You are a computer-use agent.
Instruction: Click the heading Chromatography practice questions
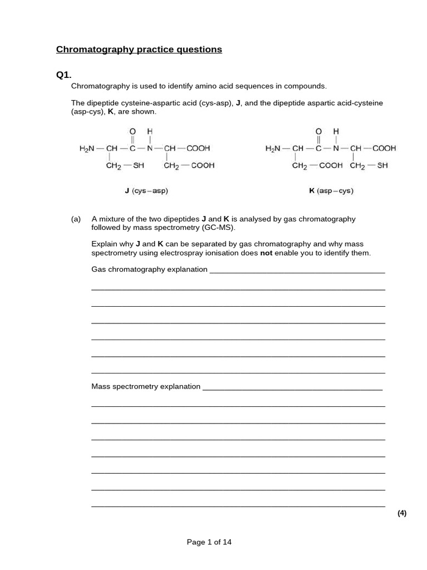(139, 50)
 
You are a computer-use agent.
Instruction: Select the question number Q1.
(64, 75)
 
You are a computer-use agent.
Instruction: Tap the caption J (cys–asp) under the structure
(146, 191)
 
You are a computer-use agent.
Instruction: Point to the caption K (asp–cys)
(331, 191)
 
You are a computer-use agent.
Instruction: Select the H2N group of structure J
(88, 149)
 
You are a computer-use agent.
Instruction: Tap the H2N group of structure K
(274, 149)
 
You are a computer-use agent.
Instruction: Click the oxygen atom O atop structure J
(133, 131)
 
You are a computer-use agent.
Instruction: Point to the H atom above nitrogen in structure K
(335, 131)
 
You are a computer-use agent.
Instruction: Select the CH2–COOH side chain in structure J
(189, 165)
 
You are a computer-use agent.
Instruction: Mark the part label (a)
(76, 219)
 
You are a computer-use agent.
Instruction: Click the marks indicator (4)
(402, 513)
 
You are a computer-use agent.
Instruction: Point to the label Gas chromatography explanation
(149, 269)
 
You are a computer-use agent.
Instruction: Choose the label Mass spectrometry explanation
(146, 386)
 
